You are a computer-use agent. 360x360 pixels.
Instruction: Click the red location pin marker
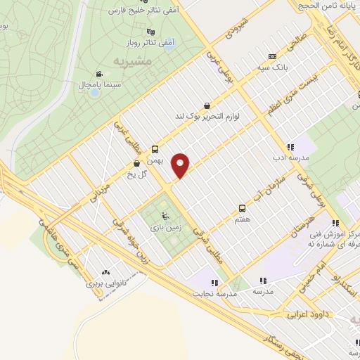point(181,165)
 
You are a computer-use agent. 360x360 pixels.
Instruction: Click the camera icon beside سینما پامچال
point(100,73)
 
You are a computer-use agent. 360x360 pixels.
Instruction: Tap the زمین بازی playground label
point(165,228)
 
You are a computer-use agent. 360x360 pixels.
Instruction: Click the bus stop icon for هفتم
point(242,208)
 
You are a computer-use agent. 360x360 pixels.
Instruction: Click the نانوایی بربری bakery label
point(105,284)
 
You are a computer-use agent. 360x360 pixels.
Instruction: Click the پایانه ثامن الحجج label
point(328,5)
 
